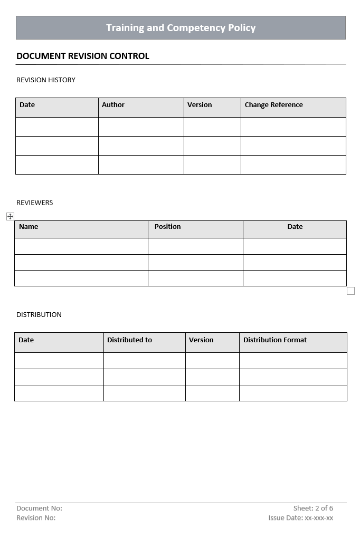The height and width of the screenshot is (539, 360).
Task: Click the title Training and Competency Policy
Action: [181, 28]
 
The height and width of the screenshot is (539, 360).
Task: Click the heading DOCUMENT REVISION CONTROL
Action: [83, 56]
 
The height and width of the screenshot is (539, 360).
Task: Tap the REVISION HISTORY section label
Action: [46, 80]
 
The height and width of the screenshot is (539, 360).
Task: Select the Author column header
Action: [113, 105]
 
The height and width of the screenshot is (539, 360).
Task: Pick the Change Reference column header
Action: [273, 105]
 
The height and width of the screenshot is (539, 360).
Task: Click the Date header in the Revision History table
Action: [27, 105]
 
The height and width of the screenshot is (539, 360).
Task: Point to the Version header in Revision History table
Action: [200, 105]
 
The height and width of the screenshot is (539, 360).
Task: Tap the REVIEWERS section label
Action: [35, 203]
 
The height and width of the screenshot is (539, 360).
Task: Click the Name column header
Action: [29, 227]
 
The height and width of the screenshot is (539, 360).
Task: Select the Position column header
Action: [167, 227]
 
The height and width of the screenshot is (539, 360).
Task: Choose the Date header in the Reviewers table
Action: [295, 227]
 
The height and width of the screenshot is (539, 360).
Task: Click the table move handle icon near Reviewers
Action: [10, 216]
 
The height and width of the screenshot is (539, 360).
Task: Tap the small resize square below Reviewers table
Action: [350, 291]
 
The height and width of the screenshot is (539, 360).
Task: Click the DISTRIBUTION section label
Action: [39, 315]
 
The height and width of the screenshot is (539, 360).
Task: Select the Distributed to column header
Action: [129, 340]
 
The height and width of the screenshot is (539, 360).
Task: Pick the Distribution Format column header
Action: [275, 340]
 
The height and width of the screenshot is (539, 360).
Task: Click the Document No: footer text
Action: [39, 508]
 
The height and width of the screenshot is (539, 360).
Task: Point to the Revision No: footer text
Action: [36, 518]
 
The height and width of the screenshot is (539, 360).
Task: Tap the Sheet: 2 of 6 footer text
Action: [313, 508]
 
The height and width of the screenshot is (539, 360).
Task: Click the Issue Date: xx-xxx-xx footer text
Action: [300, 518]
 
